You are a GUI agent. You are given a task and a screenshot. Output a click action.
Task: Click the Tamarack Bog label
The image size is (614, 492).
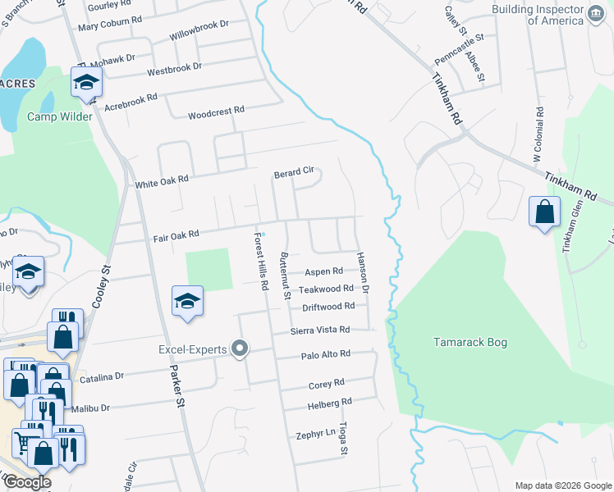[x=473, y=342]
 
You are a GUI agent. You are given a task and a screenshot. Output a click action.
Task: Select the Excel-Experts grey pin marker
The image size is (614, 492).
[x=240, y=349]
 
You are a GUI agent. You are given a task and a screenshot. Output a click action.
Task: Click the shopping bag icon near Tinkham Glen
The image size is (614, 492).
[x=543, y=212]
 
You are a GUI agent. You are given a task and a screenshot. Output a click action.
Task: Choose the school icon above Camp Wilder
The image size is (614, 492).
[x=85, y=82]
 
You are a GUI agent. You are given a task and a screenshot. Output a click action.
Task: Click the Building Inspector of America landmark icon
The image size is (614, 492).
[x=596, y=15]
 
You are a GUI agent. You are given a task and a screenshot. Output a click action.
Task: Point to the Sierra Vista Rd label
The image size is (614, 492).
[x=320, y=330]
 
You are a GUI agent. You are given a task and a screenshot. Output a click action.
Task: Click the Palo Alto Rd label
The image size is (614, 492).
[x=325, y=355]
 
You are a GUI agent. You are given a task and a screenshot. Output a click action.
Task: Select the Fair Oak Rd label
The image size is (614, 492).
[x=176, y=236]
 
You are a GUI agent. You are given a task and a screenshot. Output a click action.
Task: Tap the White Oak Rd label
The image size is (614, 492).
[x=162, y=181]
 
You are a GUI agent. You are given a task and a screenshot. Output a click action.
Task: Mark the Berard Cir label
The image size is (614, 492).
[x=294, y=172]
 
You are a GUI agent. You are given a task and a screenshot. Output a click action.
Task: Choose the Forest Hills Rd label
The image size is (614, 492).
[x=261, y=262]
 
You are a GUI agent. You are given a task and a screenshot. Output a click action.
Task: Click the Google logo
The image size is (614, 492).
[x=27, y=481]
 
